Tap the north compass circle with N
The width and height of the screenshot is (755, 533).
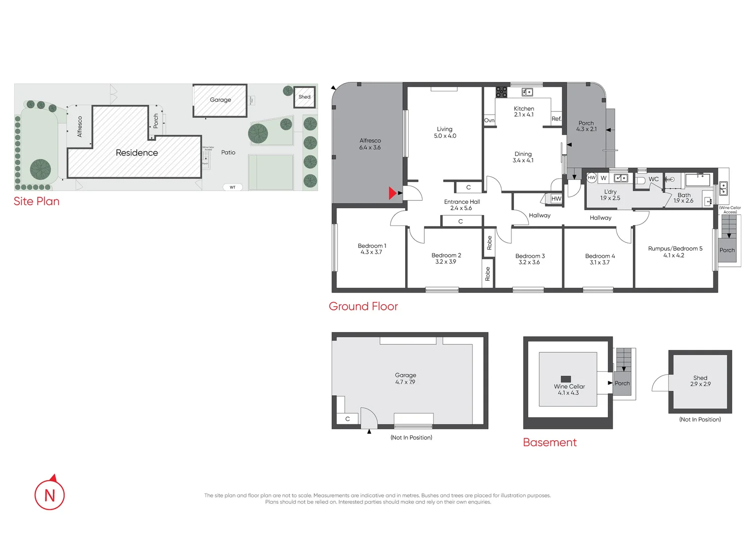pyautogui.click(x=49, y=495)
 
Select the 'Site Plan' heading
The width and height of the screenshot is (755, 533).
pyautogui.click(x=37, y=201)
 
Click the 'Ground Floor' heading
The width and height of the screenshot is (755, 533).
pyautogui.click(x=363, y=306)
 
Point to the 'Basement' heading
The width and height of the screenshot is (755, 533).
pyautogui.click(x=549, y=443)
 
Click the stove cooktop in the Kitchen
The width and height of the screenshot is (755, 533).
pyautogui.click(x=502, y=92)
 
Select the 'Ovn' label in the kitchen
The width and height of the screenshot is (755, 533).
pyautogui.click(x=489, y=120)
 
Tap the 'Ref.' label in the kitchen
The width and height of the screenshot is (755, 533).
pyautogui.click(x=556, y=119)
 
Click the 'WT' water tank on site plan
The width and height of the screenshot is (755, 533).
pyautogui.click(x=232, y=187)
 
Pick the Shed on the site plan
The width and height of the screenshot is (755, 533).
pyautogui.click(x=304, y=97)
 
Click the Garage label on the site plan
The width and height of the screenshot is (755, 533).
pyautogui.click(x=220, y=100)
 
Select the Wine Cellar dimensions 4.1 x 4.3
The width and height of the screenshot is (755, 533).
pyautogui.click(x=568, y=393)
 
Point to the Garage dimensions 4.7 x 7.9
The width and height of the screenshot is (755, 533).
pyautogui.click(x=405, y=382)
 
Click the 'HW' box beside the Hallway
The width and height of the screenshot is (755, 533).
pyautogui.click(x=556, y=199)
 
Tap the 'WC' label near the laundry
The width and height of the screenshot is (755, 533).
pyautogui.click(x=653, y=179)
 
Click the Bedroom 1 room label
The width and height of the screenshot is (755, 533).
pyautogui.click(x=372, y=246)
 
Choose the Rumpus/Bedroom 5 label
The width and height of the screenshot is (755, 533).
pyautogui.click(x=675, y=249)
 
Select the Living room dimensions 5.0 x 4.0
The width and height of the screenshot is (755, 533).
pyautogui.click(x=445, y=136)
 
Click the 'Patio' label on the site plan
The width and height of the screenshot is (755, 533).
pyautogui.click(x=228, y=152)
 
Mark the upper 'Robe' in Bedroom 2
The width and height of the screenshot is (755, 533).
pyautogui.click(x=489, y=243)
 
